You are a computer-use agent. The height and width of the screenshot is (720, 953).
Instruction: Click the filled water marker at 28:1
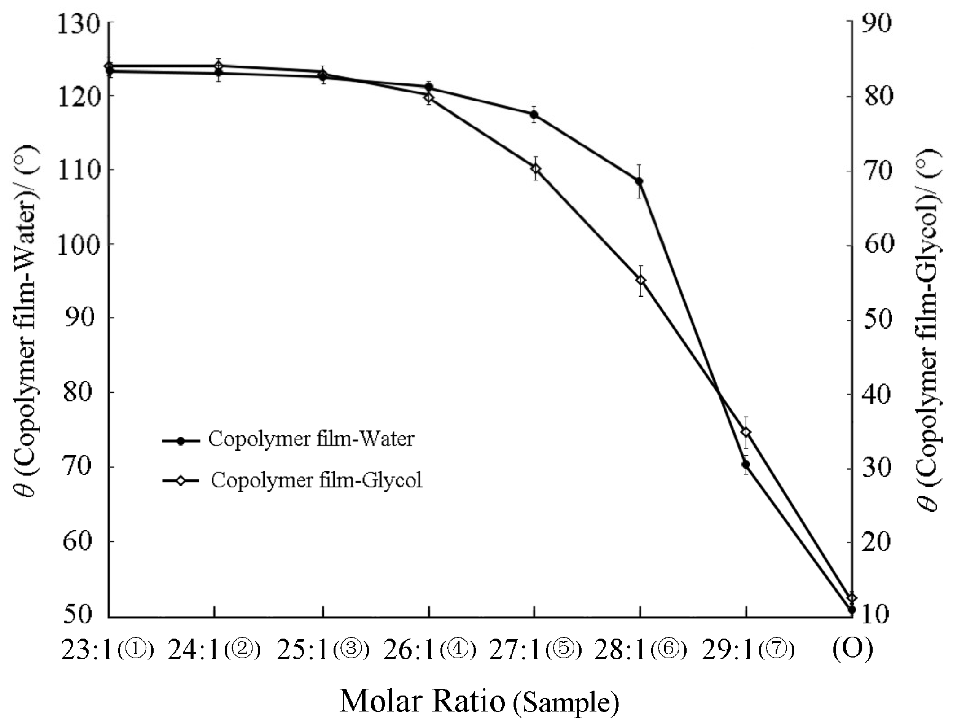[639, 181]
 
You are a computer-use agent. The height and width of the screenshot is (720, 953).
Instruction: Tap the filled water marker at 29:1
[746, 464]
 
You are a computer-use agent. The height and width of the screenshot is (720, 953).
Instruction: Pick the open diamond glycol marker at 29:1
[746, 432]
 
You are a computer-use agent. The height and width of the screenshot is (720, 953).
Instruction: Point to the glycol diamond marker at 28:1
[641, 281]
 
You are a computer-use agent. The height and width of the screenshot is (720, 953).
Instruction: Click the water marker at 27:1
[534, 114]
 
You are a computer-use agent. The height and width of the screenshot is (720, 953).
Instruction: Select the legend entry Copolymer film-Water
[310, 439]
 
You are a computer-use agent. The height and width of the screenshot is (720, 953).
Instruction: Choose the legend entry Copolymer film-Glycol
[316, 480]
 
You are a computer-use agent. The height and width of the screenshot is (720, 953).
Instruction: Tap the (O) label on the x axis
[852, 649]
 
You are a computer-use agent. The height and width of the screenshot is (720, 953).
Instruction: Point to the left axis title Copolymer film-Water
[26, 321]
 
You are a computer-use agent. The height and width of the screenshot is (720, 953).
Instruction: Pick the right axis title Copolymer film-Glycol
[928, 330]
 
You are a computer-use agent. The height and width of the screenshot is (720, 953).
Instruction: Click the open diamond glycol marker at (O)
[852, 598]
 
